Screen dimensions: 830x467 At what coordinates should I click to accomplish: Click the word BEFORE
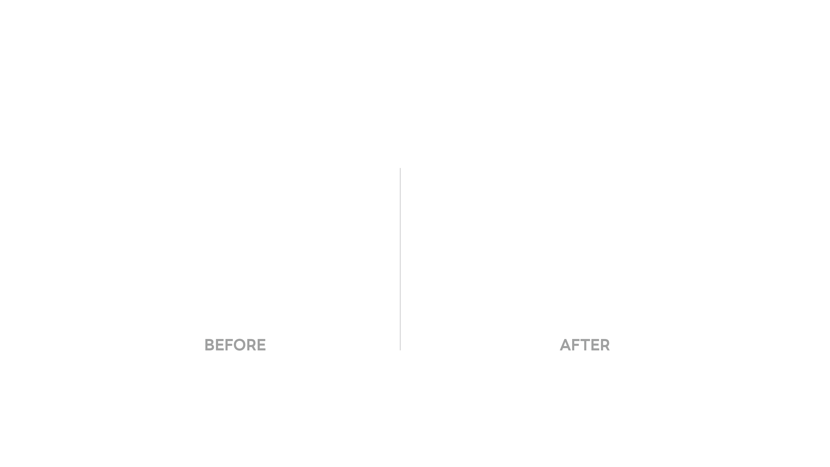[x=235, y=345]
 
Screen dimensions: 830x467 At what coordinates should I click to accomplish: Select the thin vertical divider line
[x=400, y=259]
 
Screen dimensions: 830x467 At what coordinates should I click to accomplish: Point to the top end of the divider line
[x=400, y=168]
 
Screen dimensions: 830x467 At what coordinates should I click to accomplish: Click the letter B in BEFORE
[x=210, y=345]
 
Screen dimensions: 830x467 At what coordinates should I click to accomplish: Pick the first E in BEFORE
[x=220, y=345]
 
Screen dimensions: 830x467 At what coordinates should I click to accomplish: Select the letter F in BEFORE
[x=229, y=345]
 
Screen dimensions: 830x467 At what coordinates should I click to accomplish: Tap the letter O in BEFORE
[x=240, y=345]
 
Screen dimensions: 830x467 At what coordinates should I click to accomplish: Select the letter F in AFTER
[x=576, y=345]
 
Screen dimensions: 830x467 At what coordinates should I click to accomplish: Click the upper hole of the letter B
[x=210, y=342]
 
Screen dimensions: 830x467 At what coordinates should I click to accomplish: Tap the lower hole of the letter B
[x=210, y=347]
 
